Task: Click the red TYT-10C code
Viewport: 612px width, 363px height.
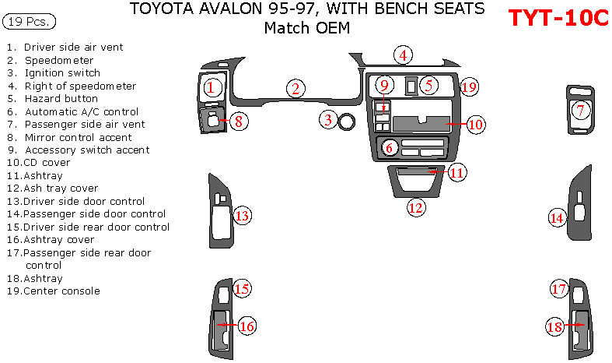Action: [558, 19]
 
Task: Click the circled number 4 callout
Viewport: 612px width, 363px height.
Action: [402, 55]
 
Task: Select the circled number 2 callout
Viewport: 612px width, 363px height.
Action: [294, 89]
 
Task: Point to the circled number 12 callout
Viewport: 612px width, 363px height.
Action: [416, 207]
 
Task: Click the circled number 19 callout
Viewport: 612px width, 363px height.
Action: [468, 86]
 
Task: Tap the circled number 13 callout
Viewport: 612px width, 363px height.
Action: [243, 216]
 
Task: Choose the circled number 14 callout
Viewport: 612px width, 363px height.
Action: [556, 218]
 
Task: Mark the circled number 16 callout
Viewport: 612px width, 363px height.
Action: [247, 326]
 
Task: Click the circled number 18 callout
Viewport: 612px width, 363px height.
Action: [554, 328]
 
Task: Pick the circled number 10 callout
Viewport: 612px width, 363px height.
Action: [475, 124]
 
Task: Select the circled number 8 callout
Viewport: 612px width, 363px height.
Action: [240, 121]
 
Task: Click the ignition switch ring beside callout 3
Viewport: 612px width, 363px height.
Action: [347, 121]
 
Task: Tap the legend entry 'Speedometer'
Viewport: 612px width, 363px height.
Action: [58, 60]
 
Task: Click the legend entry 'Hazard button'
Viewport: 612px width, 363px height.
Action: [61, 99]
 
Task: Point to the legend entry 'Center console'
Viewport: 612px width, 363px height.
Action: [61, 291]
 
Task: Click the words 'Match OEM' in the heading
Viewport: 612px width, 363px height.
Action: [306, 29]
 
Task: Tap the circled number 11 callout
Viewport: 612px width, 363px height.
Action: [457, 172]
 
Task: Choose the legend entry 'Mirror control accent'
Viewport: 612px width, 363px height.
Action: [78, 137]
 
